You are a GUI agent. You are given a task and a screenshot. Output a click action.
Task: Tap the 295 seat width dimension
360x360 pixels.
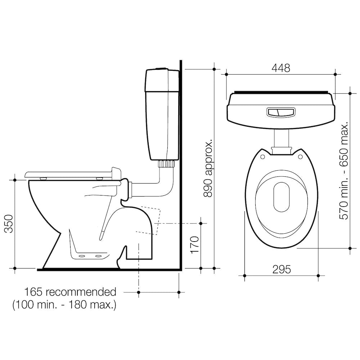[x=282, y=269]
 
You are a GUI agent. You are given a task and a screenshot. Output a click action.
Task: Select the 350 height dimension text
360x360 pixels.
[x=8, y=224]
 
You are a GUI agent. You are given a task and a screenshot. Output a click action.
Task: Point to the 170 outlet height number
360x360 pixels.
[x=194, y=245]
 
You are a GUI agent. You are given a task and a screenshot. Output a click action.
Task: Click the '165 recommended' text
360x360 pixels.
[x=70, y=292]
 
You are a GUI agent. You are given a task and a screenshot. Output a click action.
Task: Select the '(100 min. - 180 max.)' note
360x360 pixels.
[x=65, y=305]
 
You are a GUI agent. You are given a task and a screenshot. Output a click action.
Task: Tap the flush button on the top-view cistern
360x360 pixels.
[x=281, y=112]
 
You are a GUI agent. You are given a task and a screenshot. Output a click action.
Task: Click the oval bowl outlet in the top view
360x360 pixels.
[x=281, y=197]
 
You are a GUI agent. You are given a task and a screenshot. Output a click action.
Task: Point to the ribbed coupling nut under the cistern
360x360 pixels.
[x=166, y=164]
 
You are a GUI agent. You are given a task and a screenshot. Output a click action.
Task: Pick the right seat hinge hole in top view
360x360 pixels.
[x=300, y=157]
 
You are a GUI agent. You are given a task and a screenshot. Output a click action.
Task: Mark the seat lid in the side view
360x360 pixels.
[x=68, y=174]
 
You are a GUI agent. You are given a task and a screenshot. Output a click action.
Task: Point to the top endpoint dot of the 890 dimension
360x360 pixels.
[x=214, y=68]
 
